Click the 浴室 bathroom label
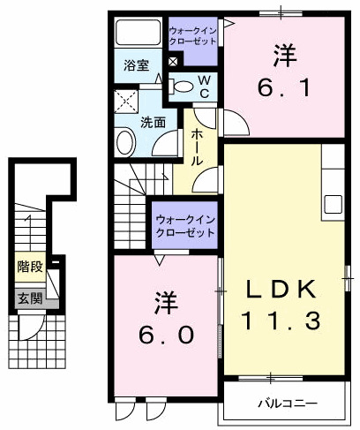pos(135,66)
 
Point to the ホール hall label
pos(196,147)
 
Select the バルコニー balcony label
pos(288,404)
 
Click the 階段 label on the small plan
pos(29,265)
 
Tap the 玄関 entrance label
pos(29,298)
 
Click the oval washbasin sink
pos(125,141)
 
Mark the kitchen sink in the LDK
pos(333,204)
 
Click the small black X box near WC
pos(172,62)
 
